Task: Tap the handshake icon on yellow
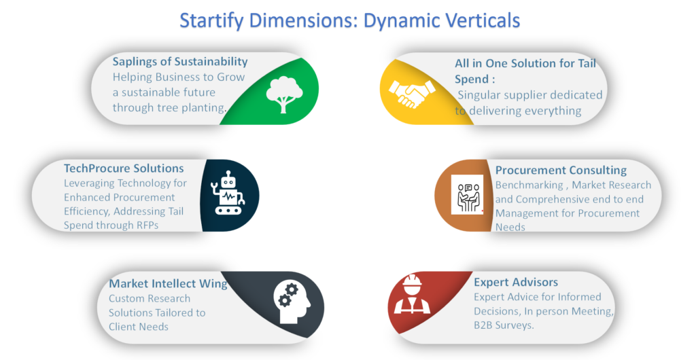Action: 412,94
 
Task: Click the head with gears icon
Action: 292,302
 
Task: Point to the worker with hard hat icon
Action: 412,294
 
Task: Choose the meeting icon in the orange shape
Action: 468,195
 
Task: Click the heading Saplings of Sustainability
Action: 179,62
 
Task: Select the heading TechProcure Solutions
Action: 124,168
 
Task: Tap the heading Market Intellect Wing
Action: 169,284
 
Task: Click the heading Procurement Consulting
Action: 561,170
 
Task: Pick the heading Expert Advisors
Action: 516,283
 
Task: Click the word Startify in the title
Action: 211,21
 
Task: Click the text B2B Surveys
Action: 504,325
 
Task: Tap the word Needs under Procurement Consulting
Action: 510,228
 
